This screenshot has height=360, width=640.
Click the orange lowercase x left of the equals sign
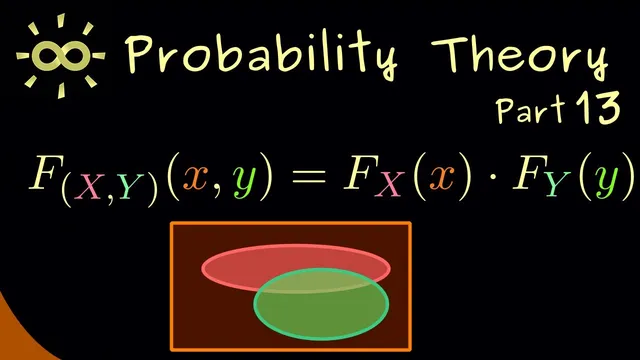tap(204, 179)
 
